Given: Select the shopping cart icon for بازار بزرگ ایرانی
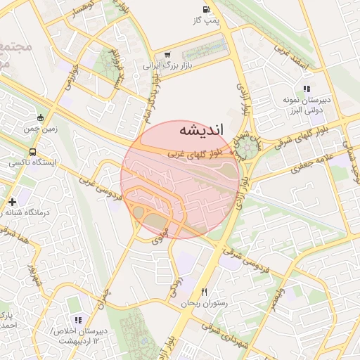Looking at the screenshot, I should [167, 54].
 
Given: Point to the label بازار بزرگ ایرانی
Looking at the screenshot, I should [167, 65].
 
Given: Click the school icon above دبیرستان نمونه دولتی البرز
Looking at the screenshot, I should [306, 89].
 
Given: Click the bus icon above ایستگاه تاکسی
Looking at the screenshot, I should [33, 151].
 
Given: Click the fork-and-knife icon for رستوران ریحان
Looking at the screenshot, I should [205, 291].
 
